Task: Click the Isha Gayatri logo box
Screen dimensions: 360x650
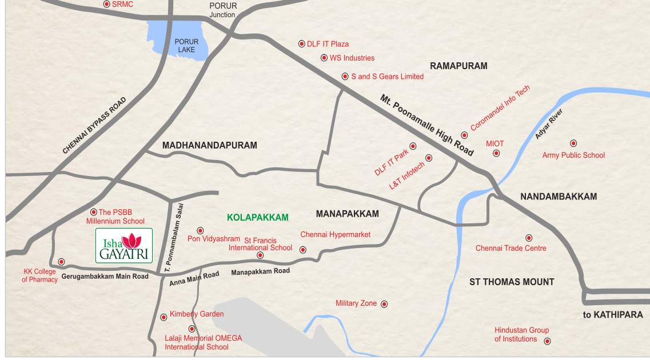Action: [x=124, y=245]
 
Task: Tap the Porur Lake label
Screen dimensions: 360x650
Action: [x=186, y=46]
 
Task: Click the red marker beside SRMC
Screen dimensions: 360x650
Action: [x=106, y=4]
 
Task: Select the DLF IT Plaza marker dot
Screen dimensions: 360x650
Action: [x=302, y=43]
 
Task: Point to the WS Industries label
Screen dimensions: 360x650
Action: [x=352, y=58]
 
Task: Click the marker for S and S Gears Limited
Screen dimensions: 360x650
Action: [x=345, y=76]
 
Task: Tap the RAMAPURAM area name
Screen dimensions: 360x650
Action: [x=458, y=66]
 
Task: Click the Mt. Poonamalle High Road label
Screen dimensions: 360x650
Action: [x=427, y=125]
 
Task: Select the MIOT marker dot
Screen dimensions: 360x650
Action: [x=496, y=153]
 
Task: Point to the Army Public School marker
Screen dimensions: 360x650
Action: [x=573, y=143]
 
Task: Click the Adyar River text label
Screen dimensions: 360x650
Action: [x=549, y=124]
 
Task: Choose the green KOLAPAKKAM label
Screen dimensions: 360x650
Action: [x=258, y=218]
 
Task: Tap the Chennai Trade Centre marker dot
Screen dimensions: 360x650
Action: [x=529, y=238]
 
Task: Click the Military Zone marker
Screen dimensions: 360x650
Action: [x=384, y=304]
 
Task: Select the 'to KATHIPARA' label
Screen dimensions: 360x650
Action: [x=613, y=314]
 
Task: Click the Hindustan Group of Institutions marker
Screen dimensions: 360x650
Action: [x=547, y=341]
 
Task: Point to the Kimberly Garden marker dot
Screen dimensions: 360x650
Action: [x=164, y=315]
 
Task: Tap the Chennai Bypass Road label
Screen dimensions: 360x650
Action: [x=94, y=126]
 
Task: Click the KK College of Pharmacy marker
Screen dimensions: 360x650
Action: [x=61, y=262]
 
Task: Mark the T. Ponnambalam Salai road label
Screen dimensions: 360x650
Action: [x=177, y=237]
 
